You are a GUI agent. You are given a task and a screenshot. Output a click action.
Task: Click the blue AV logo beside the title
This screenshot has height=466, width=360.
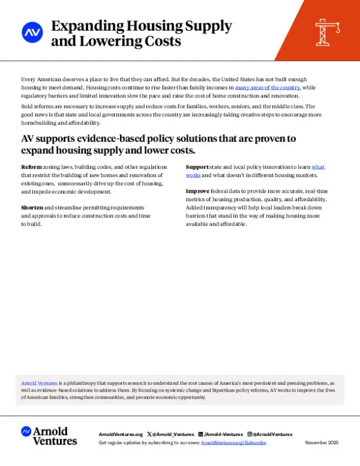click(31, 32)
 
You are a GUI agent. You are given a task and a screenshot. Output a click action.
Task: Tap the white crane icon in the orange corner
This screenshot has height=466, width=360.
click(328, 29)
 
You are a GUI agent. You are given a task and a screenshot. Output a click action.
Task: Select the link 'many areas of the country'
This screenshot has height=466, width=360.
click(267, 88)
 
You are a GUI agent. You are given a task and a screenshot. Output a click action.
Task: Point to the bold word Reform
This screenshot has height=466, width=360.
click(31, 166)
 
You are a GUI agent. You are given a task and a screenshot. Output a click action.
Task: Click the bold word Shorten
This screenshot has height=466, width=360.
click(32, 207)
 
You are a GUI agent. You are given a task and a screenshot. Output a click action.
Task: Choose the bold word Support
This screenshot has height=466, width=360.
click(197, 166)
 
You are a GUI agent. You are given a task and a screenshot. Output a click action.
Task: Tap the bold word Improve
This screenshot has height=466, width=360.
click(197, 190)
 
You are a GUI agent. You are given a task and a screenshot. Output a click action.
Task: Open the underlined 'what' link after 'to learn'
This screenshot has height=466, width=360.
click(318, 166)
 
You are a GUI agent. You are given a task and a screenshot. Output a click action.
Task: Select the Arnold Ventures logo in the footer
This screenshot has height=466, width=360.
click(49, 435)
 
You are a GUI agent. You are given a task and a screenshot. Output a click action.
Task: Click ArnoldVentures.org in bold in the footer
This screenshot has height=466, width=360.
click(121, 434)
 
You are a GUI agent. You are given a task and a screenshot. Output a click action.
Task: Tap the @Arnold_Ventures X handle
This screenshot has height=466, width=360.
click(175, 434)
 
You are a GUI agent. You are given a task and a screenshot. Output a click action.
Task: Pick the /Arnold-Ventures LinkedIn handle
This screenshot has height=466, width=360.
click(223, 434)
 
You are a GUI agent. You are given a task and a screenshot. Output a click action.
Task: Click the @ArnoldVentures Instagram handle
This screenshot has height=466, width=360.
click(272, 434)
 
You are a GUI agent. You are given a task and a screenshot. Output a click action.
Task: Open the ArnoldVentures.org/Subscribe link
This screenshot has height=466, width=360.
click(233, 443)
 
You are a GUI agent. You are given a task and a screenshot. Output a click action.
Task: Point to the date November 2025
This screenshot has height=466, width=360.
click(322, 443)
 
